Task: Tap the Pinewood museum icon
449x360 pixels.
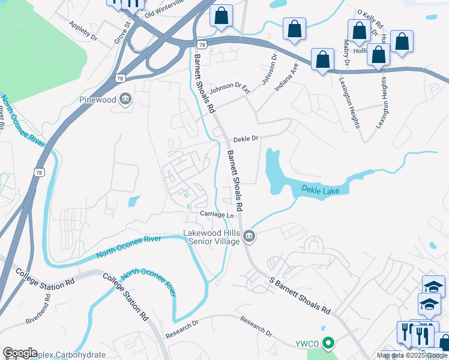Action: click(x=125, y=99)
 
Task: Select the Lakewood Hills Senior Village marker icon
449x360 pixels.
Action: click(x=249, y=238)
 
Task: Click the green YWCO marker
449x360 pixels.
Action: click(x=328, y=344)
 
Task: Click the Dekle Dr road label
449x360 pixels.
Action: click(x=246, y=138)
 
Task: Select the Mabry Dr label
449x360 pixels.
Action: click(x=346, y=53)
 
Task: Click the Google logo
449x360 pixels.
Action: click(x=20, y=353)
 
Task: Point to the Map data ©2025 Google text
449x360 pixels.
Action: click(x=412, y=355)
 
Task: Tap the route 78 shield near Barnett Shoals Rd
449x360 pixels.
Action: click(x=202, y=44)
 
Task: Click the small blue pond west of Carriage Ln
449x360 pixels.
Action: click(x=135, y=202)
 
